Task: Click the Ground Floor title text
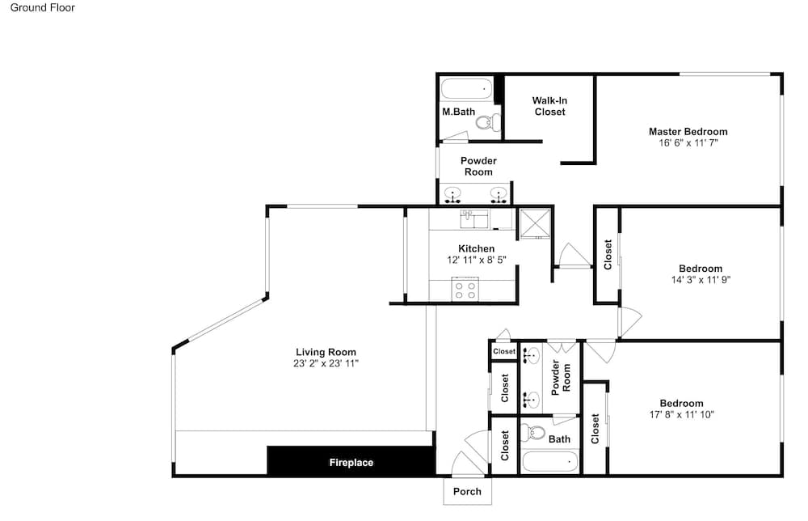tap(42, 8)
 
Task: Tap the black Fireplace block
tap(351, 460)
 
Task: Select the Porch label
tap(467, 492)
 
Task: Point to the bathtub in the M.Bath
tap(467, 89)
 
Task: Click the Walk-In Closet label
tap(549, 106)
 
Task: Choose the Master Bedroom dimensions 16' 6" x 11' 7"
tap(688, 143)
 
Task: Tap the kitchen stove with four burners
tap(465, 289)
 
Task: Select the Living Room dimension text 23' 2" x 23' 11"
tap(326, 363)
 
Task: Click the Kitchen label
tap(476, 248)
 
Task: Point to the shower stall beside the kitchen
tap(535, 224)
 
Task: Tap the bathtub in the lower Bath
tap(549, 461)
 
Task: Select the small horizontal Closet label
tap(504, 351)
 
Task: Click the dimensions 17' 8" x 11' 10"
tap(681, 414)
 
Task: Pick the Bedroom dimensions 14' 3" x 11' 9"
tap(701, 280)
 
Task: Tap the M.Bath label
tap(459, 112)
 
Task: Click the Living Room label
tap(326, 352)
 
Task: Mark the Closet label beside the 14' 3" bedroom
tap(608, 254)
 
